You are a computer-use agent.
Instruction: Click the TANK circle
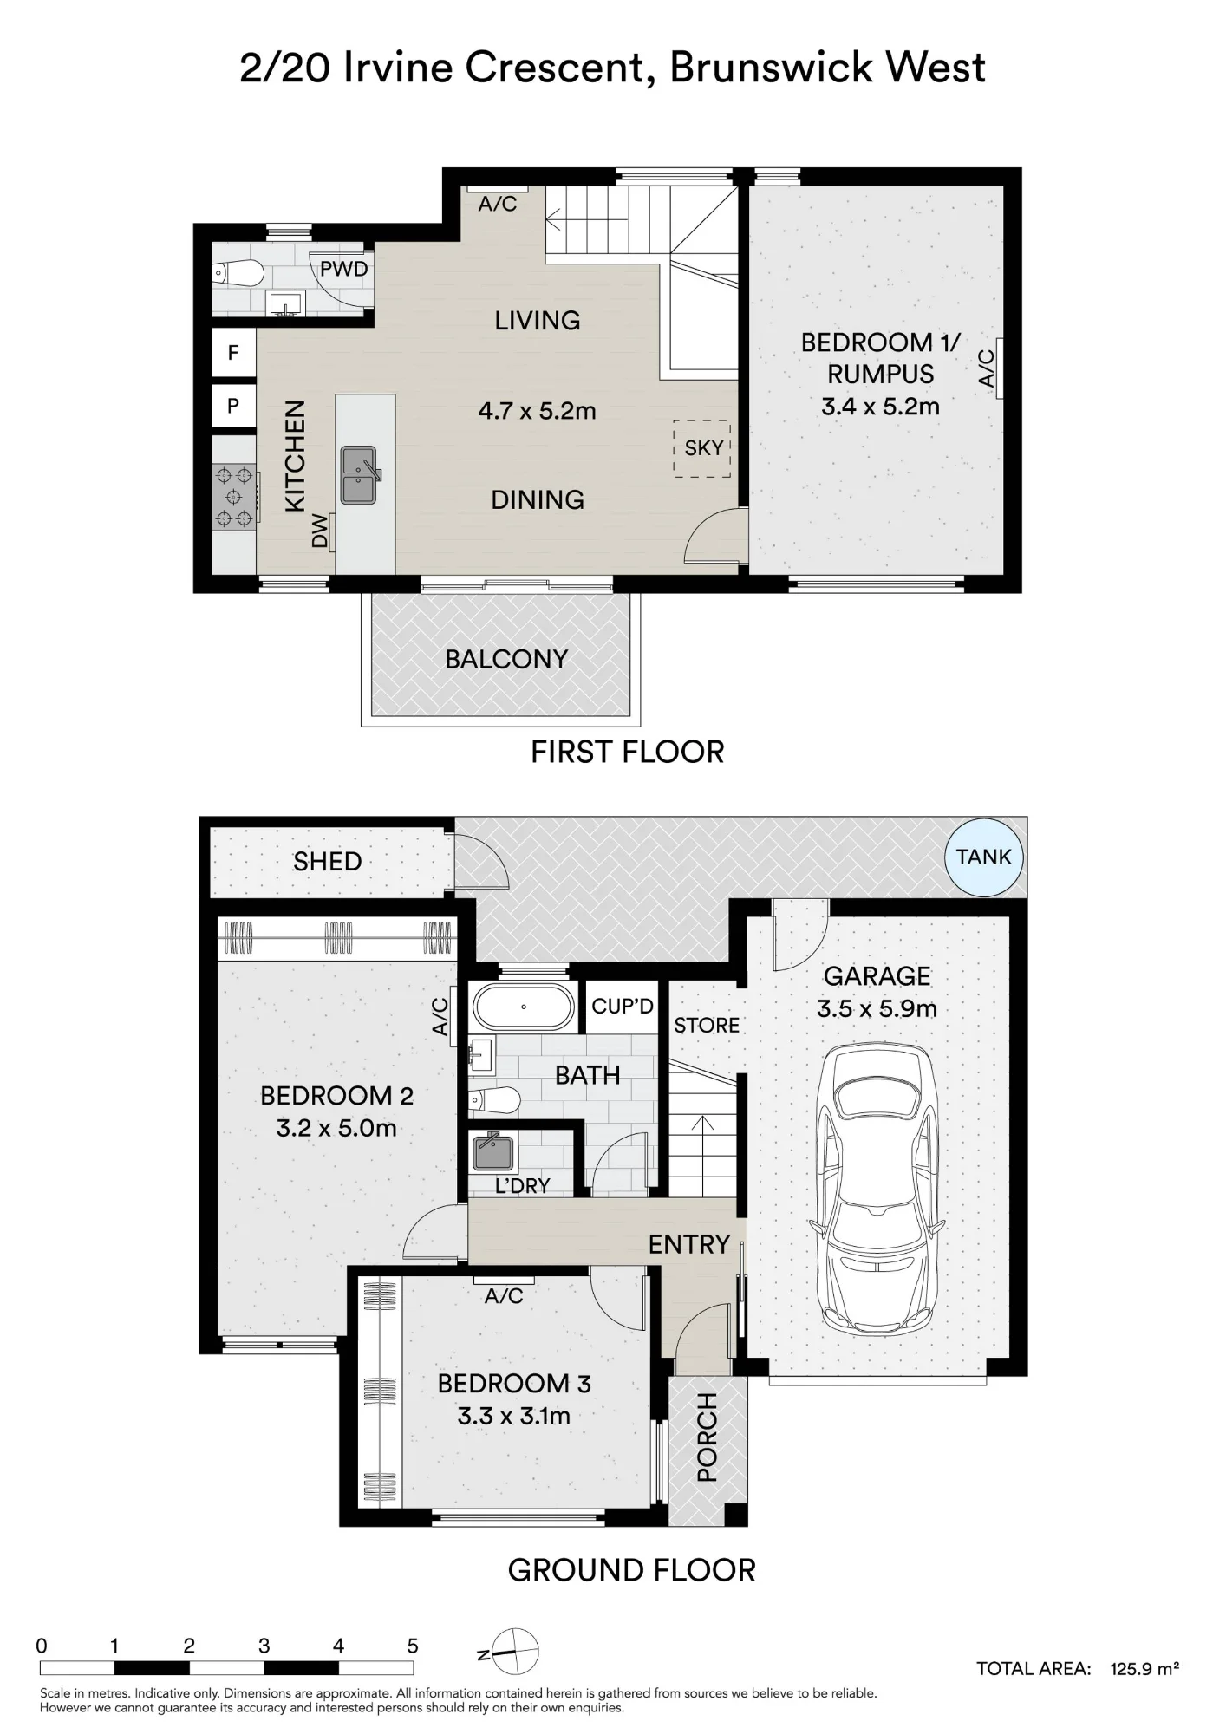tap(984, 857)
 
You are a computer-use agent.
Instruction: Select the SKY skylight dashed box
tap(702, 448)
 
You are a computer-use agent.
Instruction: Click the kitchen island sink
tap(359, 475)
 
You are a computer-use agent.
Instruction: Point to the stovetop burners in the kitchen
tap(234, 497)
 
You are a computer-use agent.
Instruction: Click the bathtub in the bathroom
tap(523, 1007)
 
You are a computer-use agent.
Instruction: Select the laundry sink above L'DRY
tap(493, 1151)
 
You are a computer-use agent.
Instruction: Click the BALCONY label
tap(506, 659)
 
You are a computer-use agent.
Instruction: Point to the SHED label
tap(327, 861)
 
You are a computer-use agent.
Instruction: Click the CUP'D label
tap(623, 1006)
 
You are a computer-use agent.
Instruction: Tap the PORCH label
tap(708, 1437)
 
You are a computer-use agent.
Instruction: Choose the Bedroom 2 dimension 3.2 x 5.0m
tap(336, 1128)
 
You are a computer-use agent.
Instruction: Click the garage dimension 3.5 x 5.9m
tap(877, 1008)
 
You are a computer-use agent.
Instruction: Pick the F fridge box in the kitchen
tap(233, 352)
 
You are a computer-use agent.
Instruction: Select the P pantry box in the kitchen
tap(233, 405)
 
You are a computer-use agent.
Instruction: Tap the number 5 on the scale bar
tap(413, 1646)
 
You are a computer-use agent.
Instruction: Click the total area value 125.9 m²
tap(1144, 1669)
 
